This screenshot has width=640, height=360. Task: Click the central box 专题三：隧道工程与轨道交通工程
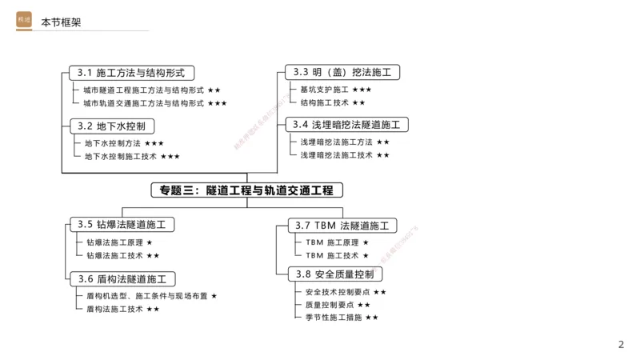246,190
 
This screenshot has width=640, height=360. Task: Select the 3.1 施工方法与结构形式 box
131,73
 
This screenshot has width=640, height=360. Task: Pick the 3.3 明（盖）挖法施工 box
342,73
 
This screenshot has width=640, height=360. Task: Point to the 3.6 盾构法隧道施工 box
122,279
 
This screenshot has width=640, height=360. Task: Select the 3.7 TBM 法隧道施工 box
342,226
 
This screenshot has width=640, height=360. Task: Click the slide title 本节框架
61,22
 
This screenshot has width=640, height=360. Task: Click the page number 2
621,345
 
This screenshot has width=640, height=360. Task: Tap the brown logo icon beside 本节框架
24,21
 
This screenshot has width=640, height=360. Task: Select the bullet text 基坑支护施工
324,90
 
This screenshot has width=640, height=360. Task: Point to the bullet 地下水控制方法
112,143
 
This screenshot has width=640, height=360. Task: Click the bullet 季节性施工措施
329,318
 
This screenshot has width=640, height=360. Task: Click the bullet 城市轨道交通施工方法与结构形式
143,103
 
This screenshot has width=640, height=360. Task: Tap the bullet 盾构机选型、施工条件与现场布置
146,296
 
